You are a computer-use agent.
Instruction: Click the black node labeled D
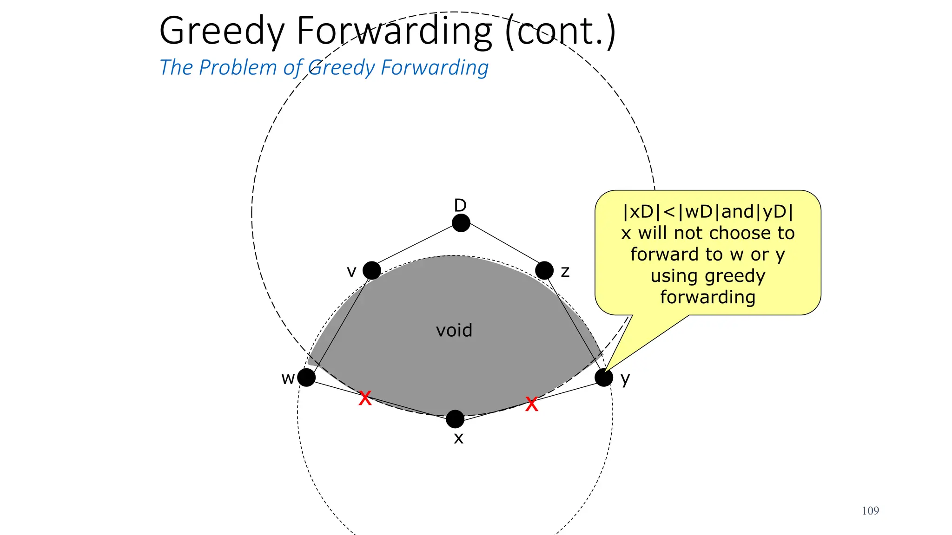coord(461,223)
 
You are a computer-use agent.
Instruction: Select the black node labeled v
coord(371,270)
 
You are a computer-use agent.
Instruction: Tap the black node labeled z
coord(544,270)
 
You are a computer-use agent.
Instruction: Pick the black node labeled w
coord(306,377)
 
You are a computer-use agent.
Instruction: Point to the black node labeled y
coord(604,377)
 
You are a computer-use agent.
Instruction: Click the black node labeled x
coord(455,419)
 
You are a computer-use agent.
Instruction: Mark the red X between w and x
coord(365,398)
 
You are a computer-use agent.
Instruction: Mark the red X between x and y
coord(531,404)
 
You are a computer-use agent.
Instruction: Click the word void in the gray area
coord(454,331)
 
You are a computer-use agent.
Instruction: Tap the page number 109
coord(870,511)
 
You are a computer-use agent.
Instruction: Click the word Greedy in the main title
coord(221,32)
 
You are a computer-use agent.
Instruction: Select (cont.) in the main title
coord(560,32)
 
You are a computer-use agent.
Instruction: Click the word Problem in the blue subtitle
coord(238,68)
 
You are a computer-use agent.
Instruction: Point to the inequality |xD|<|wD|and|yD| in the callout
coord(707,212)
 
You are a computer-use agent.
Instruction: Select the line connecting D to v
coord(416,247)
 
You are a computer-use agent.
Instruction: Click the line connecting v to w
coord(339,324)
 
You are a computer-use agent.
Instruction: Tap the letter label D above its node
coord(460,205)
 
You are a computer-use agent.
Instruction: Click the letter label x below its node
coord(458,438)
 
